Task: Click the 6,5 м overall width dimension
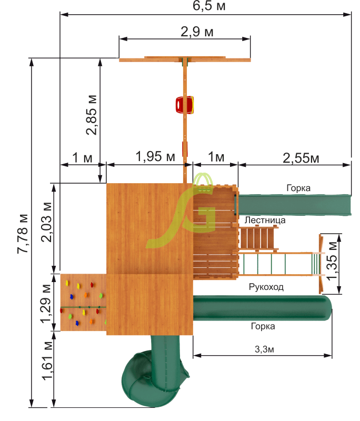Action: (x=209, y=6)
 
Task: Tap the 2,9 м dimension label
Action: (x=197, y=32)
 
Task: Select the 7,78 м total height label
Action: (x=23, y=234)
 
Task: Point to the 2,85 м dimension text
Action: (x=92, y=115)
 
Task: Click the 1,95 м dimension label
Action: (x=155, y=156)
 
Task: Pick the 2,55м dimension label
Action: (x=301, y=158)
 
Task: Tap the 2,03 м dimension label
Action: (x=46, y=222)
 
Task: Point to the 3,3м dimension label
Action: (x=264, y=349)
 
